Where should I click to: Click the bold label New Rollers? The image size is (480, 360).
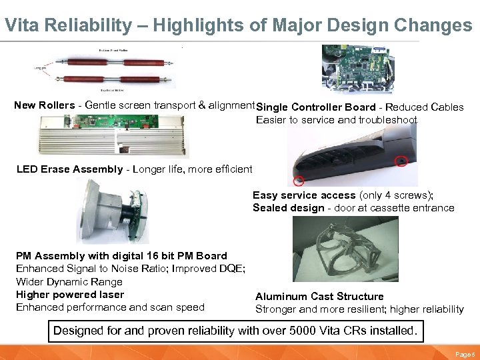(x=45, y=105)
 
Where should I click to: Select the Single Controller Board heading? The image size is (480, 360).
(x=316, y=107)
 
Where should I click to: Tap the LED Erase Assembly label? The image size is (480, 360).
(x=69, y=169)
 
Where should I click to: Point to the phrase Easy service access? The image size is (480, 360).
(x=304, y=195)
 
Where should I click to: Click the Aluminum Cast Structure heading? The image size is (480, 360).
(x=319, y=297)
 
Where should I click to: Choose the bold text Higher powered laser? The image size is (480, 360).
(x=70, y=295)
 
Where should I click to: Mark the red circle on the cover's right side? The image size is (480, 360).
(x=401, y=161)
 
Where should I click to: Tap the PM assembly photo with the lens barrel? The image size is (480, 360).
(x=111, y=211)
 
